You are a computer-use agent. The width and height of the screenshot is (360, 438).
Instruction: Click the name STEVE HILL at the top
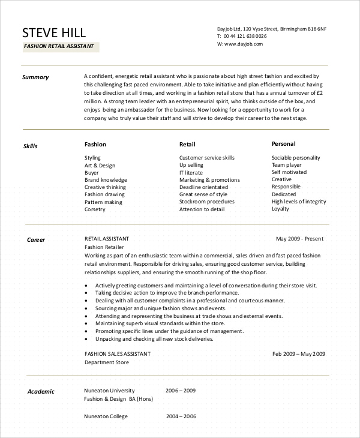[54, 32]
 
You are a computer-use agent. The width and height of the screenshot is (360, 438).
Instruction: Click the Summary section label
[35, 77]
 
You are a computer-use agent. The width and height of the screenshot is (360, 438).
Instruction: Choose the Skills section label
[30, 146]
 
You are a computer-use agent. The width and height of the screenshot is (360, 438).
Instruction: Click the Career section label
[36, 240]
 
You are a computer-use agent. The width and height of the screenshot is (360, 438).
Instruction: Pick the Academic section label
[41, 392]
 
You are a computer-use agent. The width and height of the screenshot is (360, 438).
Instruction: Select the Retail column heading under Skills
[187, 145]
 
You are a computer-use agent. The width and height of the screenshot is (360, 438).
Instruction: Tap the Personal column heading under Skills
[283, 144]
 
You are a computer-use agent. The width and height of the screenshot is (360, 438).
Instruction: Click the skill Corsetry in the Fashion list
[95, 209]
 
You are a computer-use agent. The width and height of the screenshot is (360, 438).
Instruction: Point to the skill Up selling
[191, 165]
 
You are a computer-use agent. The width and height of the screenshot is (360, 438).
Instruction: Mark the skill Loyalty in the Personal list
[280, 209]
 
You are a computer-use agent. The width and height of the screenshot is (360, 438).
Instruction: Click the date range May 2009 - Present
[299, 239]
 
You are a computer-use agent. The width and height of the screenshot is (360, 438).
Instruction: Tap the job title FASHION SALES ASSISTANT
[118, 354]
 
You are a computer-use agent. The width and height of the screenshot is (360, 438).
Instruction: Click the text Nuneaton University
[109, 391]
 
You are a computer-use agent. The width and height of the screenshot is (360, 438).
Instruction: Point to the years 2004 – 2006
[181, 416]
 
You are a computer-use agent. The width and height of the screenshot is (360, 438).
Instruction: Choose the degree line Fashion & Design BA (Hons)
[119, 399]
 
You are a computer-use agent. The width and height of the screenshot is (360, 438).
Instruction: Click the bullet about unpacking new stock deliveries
[154, 338]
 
